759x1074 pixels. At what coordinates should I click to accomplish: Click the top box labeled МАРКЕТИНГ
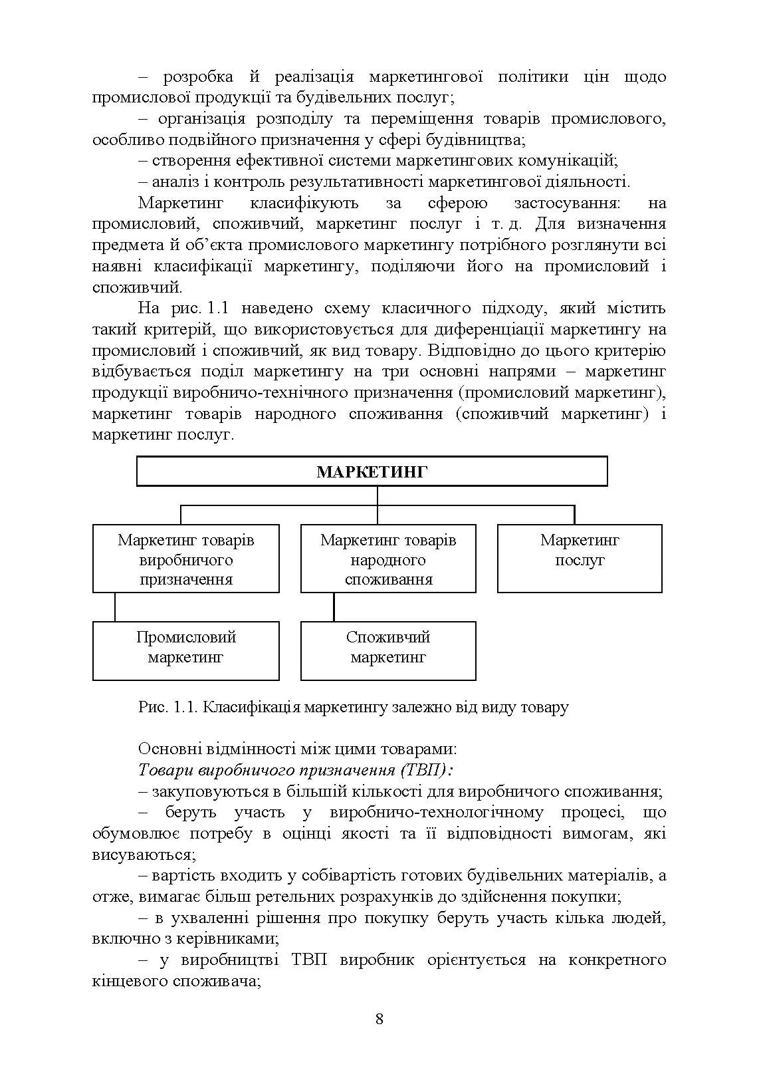pos(372,471)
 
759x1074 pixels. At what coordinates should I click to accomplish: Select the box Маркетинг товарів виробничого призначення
pos(185,559)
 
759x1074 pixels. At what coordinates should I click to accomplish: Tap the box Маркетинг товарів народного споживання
pos(388,559)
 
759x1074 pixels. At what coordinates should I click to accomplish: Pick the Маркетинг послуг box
pos(580,559)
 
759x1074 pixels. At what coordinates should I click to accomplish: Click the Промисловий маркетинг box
pos(185,650)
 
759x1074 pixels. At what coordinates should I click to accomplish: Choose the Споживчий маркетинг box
pos(388,650)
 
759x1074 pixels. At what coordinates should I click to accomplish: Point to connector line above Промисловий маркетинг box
pos(115,607)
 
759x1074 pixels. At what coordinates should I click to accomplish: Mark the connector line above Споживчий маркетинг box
pos(334,607)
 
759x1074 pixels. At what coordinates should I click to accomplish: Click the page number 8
pos(379,1019)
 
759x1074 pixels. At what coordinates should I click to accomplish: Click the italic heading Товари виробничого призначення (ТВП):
pos(295,770)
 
